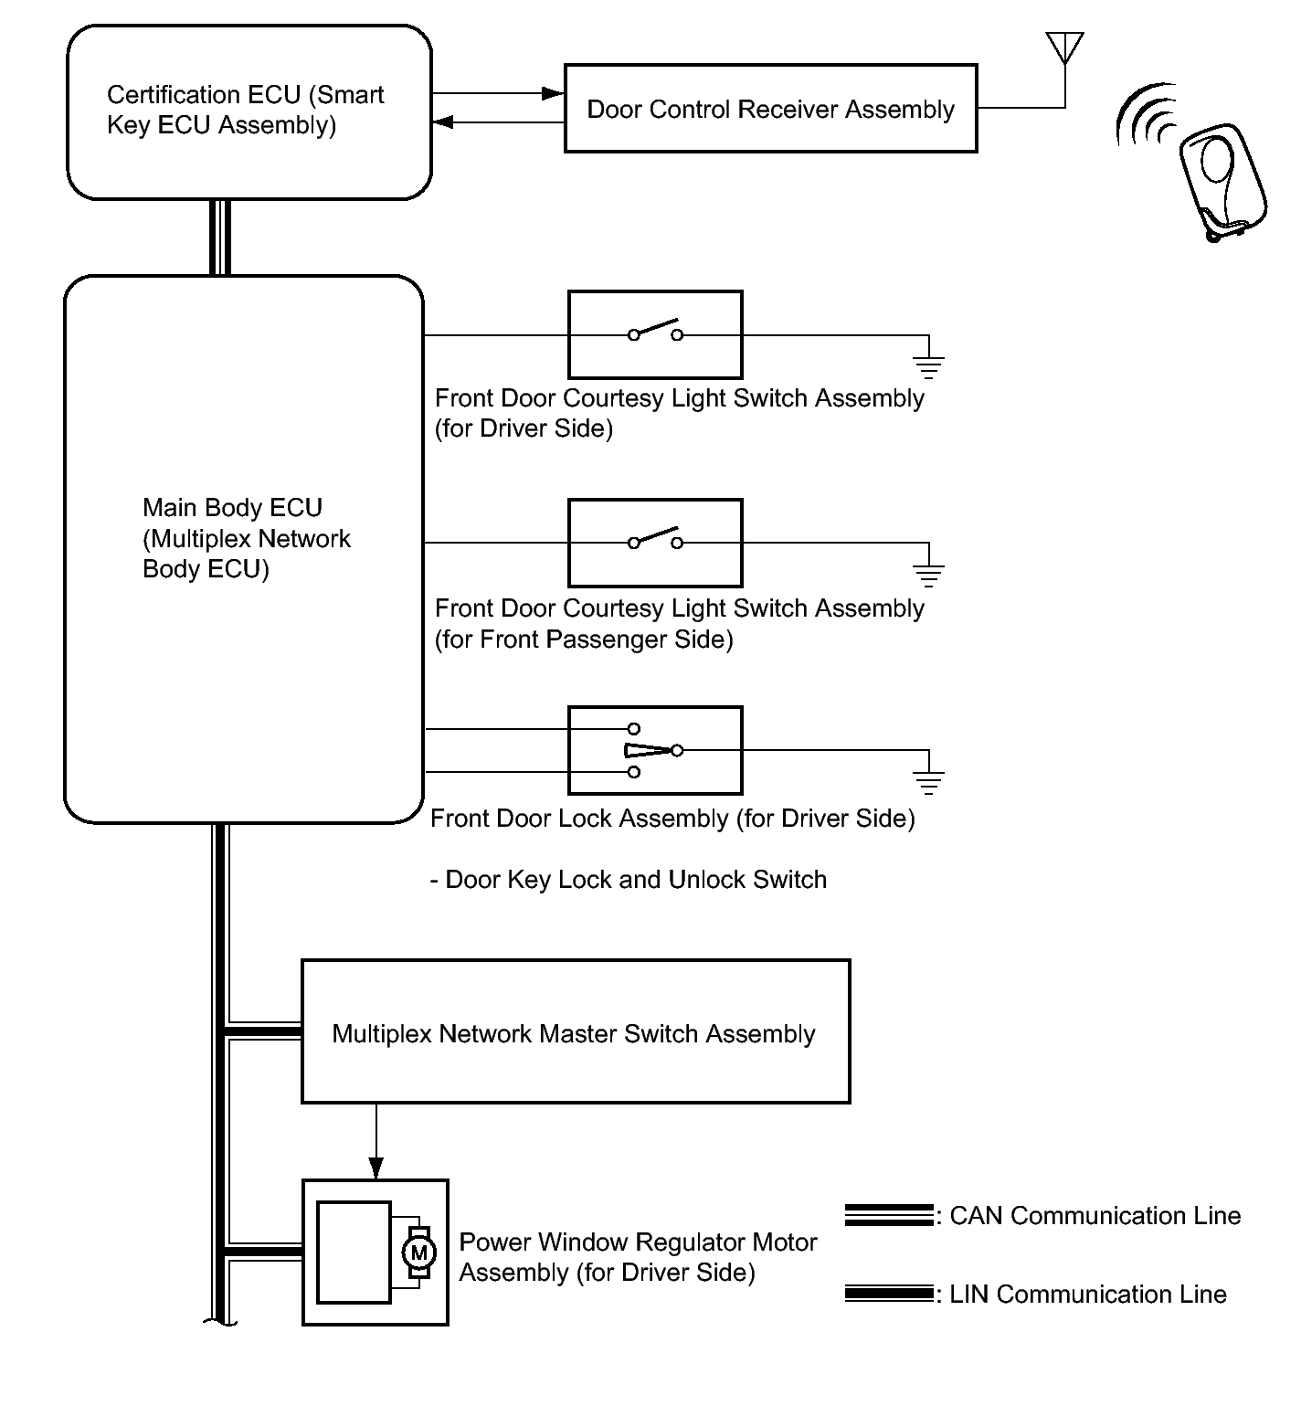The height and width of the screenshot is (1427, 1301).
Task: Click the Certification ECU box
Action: click(249, 111)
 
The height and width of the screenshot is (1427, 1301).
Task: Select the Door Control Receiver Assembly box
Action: click(770, 109)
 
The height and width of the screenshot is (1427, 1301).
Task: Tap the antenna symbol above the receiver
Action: click(1064, 48)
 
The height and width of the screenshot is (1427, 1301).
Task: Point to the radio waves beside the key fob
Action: click(1146, 117)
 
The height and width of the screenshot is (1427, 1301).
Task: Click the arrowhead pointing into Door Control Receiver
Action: click(552, 93)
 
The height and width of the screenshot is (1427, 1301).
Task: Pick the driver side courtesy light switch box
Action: click(655, 334)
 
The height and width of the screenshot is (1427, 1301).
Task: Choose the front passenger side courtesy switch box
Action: click(655, 543)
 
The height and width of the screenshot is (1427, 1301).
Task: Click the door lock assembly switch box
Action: click(655, 750)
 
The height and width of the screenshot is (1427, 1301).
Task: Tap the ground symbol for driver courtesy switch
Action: click(928, 367)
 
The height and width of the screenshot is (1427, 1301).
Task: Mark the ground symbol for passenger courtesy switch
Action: click(928, 575)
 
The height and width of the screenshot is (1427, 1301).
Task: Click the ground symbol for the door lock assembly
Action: click(928, 782)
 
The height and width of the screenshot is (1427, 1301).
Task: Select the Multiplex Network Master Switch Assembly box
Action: click(576, 1031)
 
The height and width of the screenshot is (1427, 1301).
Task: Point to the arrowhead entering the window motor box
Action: click(375, 1168)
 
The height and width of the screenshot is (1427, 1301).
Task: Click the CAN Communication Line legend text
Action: click(1095, 1216)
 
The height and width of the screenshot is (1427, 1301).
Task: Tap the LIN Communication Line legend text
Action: click(1087, 1295)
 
